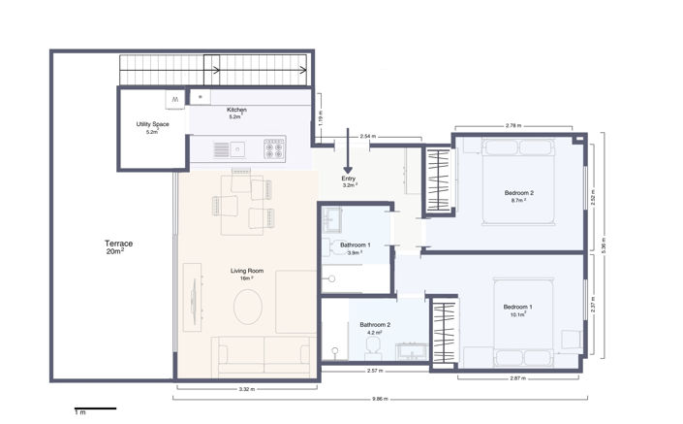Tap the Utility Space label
(152, 128)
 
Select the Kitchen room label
(236, 113)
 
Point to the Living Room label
(247, 273)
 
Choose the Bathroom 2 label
(375, 328)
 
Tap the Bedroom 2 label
(519, 196)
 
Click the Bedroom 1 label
(517, 310)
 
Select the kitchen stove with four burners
(273, 149)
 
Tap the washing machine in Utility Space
(173, 99)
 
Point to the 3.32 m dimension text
(246, 390)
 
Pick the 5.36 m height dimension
(603, 246)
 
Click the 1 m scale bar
(95, 408)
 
